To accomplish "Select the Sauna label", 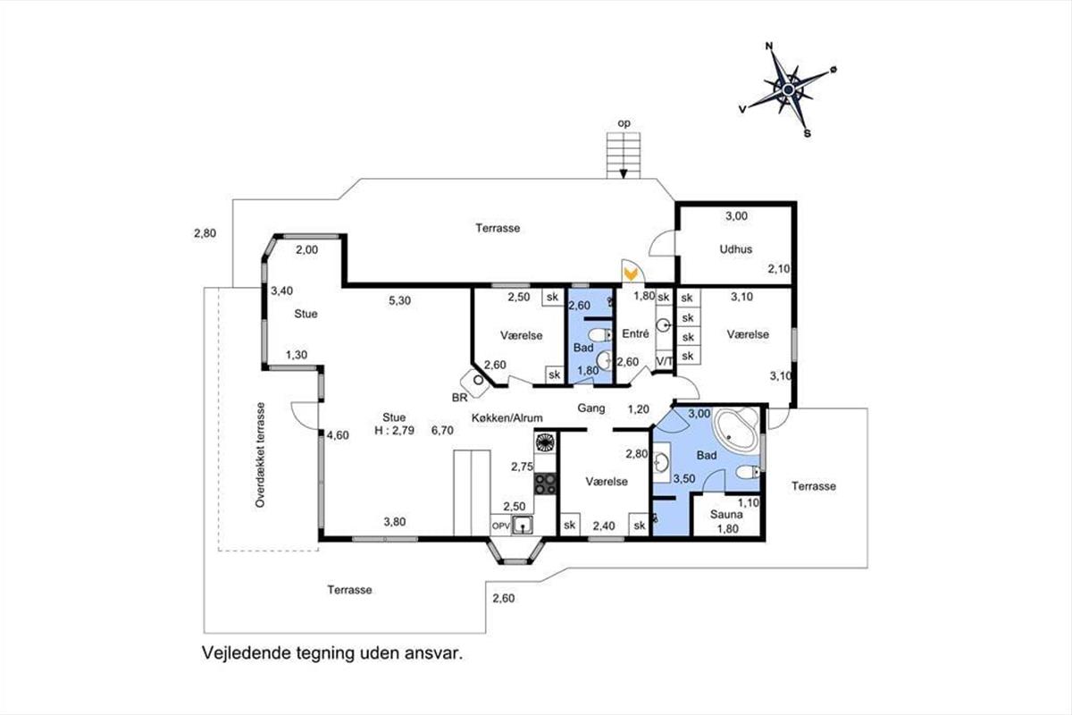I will click(x=727, y=514).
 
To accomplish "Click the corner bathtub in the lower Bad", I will click(x=736, y=432).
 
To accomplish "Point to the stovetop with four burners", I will click(x=545, y=484).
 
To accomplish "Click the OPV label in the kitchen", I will click(x=500, y=526).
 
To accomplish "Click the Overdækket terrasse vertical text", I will click(x=261, y=455).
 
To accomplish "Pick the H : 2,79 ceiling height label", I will click(x=394, y=430).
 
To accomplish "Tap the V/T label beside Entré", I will click(x=665, y=360).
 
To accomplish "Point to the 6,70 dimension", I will click(x=443, y=430).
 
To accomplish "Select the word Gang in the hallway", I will click(x=591, y=408).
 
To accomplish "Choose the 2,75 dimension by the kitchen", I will click(x=522, y=466).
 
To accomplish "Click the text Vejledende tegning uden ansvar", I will click(x=332, y=653).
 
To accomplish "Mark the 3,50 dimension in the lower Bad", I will click(x=683, y=479).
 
